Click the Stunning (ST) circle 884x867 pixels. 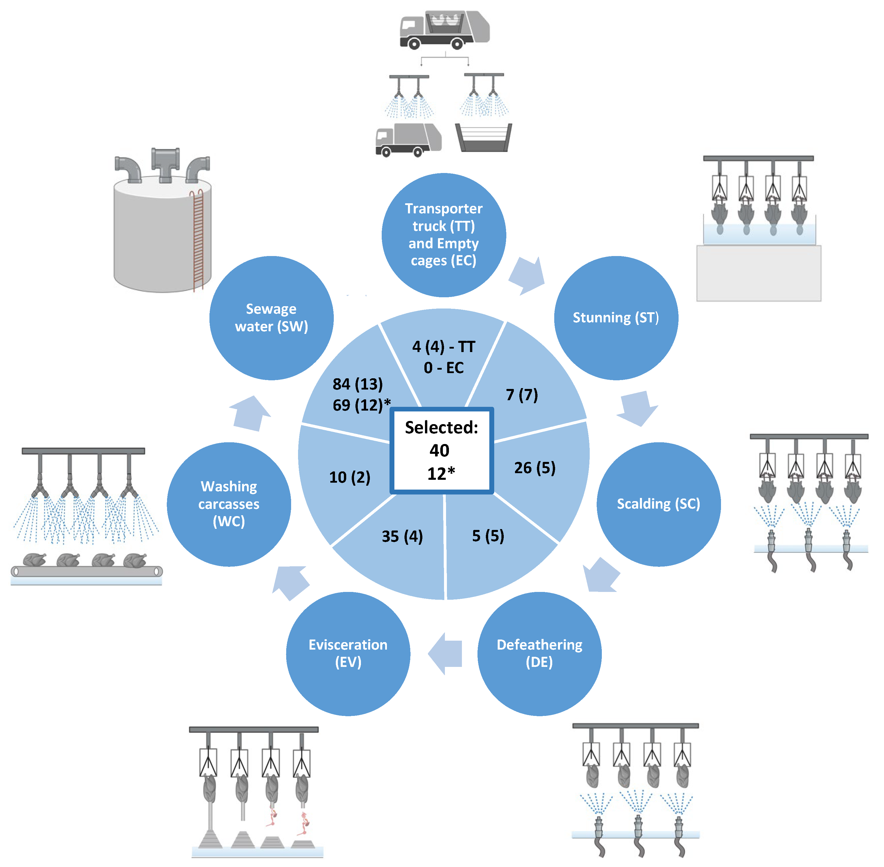coord(616,318)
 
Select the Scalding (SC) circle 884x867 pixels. coord(658,504)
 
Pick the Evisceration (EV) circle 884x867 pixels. coord(348,653)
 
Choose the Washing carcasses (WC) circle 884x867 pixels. coord(229,504)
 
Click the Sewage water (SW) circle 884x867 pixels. coord(271,318)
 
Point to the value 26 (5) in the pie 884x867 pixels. coord(535,468)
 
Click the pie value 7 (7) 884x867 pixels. coord(522,394)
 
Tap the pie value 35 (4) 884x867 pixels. coord(402,536)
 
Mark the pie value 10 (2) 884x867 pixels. coord(349,477)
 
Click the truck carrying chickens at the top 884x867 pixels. coord(444,30)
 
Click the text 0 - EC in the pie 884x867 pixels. coord(443,368)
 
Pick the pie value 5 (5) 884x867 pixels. coord(488,536)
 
